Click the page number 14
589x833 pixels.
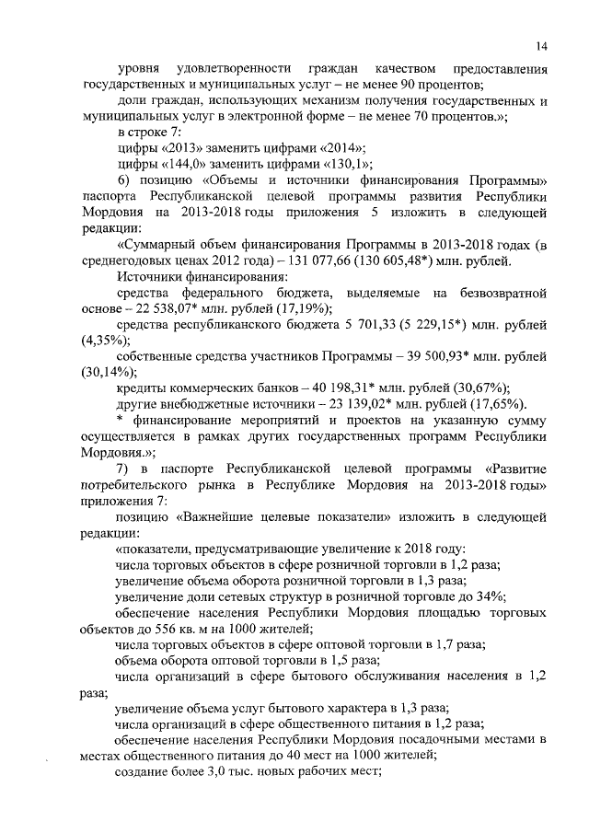coord(543,47)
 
